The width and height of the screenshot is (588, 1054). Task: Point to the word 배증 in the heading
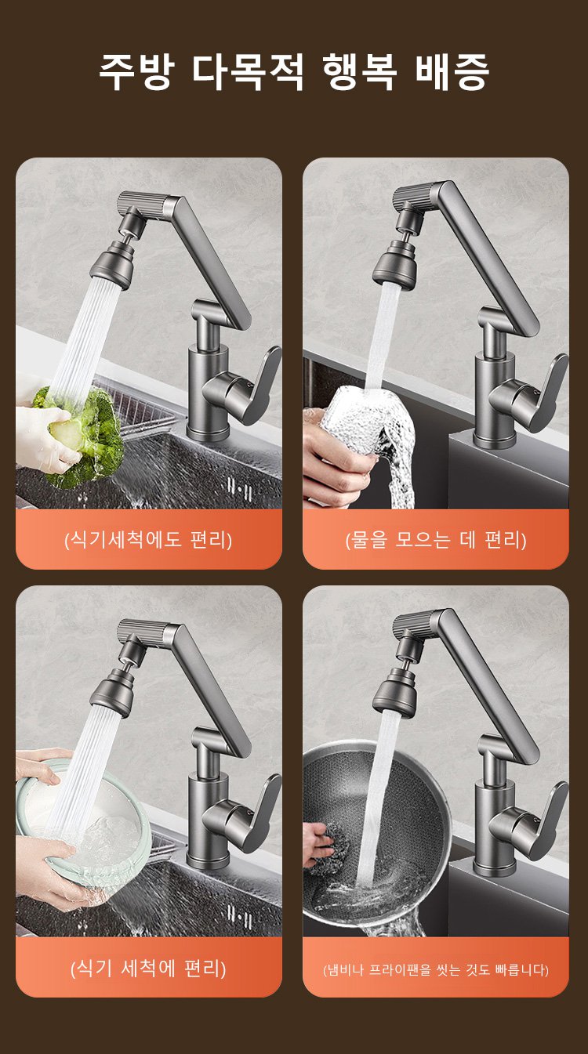452,71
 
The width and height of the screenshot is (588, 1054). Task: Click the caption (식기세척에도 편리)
148,539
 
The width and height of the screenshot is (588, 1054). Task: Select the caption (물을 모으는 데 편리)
435,539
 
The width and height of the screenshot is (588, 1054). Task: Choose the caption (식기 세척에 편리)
148,968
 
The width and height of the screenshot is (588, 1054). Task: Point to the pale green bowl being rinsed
82,833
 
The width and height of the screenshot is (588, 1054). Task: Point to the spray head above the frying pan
394,690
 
